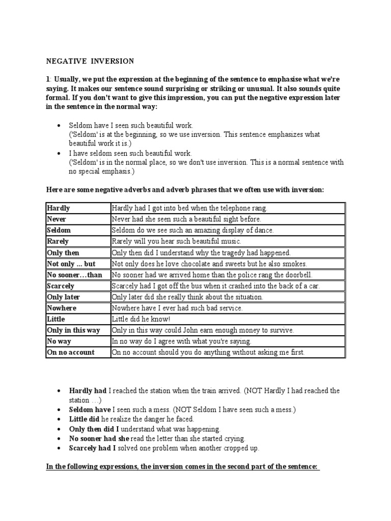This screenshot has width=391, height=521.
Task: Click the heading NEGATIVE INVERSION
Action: pos(90,61)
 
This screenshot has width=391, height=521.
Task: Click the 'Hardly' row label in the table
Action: pos(59,208)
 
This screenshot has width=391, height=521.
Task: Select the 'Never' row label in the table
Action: pos(57,219)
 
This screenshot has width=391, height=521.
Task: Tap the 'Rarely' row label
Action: pos(58,241)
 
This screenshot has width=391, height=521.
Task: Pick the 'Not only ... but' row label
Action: pos(71,264)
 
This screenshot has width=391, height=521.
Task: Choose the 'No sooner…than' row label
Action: pos(74,275)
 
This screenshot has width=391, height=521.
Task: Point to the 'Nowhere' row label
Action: pos(62,308)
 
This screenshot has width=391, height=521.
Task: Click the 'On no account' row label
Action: pos(71,352)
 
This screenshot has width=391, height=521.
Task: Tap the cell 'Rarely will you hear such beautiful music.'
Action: pos(176,241)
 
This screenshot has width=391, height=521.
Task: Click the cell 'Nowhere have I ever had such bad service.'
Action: pos(177,308)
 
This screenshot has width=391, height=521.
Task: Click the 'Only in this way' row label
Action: pos(73,330)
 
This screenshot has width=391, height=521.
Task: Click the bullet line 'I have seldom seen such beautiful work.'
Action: pos(131,153)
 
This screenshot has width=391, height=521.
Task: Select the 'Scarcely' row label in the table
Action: pos(61,286)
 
